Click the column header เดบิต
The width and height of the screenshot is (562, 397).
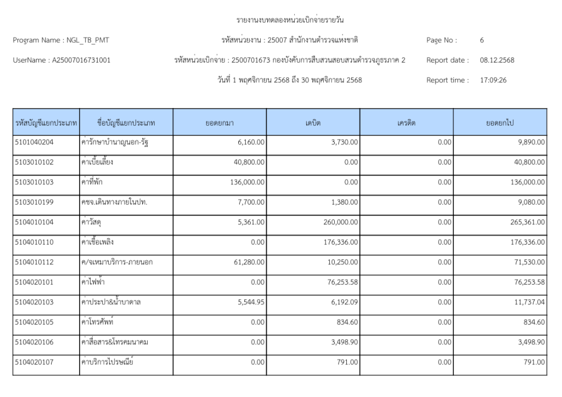313,123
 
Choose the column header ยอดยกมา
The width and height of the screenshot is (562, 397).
220,123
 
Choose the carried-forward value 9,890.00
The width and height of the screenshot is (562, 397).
530,142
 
